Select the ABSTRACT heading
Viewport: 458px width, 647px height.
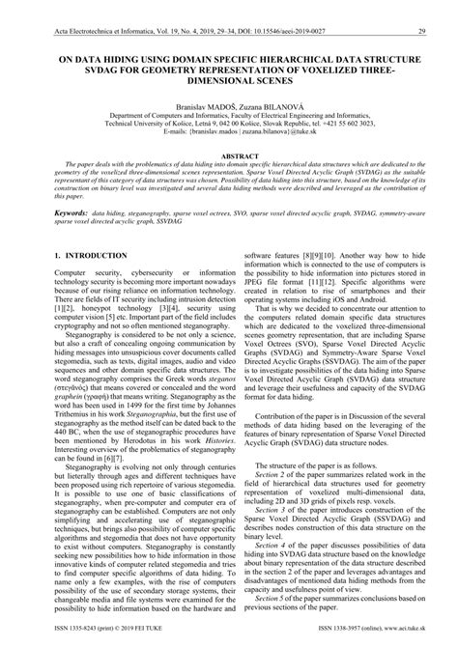coord(229,155)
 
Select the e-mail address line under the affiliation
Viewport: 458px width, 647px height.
coord(229,132)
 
